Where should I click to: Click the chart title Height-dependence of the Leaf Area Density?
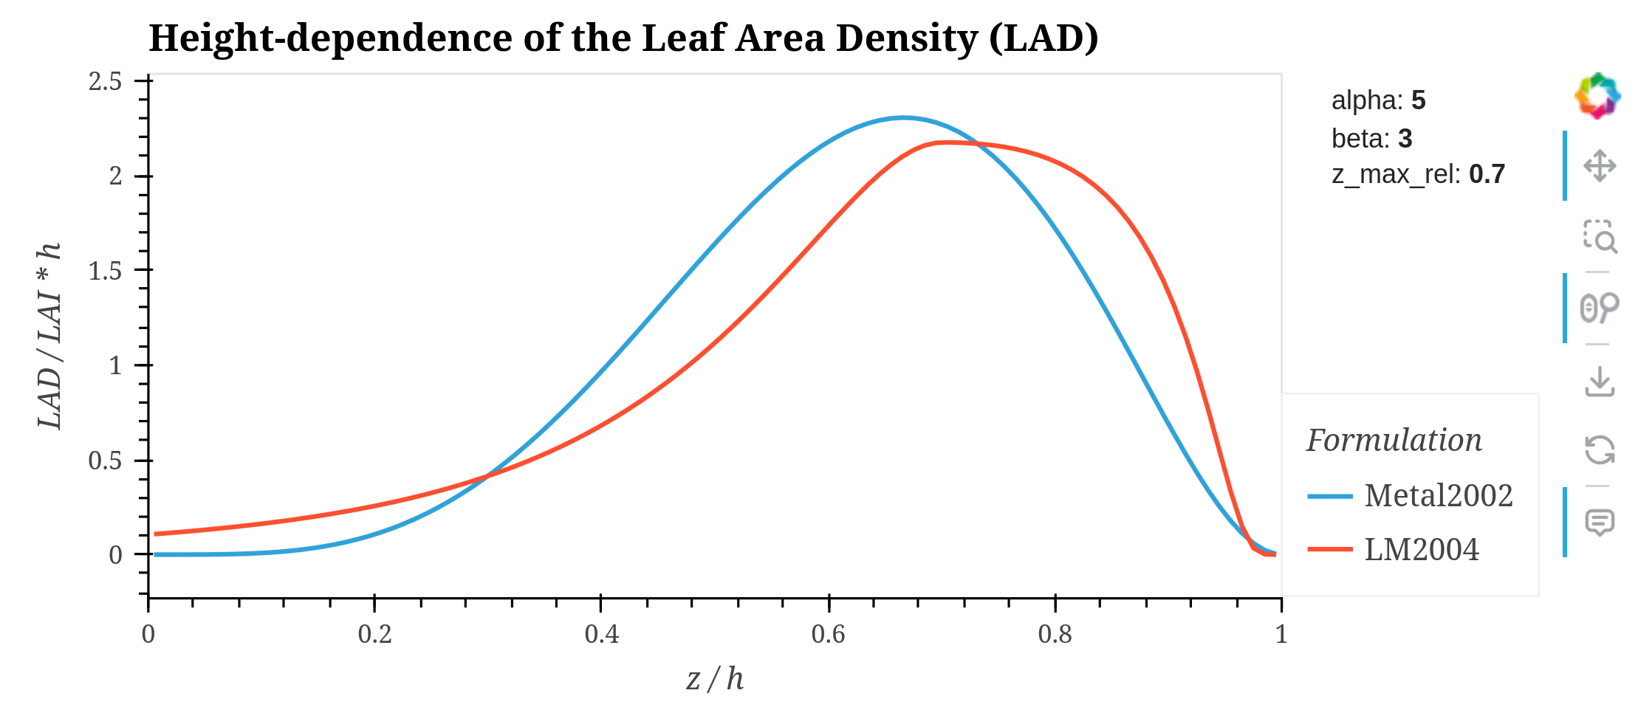[x=623, y=38]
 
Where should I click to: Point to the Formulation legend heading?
[x=1394, y=441]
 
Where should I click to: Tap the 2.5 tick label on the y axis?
[x=106, y=81]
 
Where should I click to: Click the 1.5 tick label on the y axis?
[x=106, y=271]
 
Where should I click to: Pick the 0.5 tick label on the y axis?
[x=106, y=461]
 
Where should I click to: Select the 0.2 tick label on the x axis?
[x=374, y=634]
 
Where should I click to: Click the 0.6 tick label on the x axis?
[x=828, y=634]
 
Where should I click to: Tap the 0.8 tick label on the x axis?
[x=1055, y=634]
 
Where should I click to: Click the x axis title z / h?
[x=714, y=679]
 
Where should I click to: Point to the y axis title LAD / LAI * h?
[x=49, y=336]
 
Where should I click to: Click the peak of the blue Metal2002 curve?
[x=902, y=117]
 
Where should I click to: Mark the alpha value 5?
[x=1418, y=100]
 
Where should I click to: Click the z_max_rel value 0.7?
[x=1487, y=174]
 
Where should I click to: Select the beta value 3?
[x=1405, y=139]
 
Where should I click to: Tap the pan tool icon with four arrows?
[x=1600, y=166]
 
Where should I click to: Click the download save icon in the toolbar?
[x=1600, y=382]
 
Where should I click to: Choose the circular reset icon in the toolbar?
[x=1600, y=450]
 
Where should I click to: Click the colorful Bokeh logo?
[x=1597, y=96]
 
